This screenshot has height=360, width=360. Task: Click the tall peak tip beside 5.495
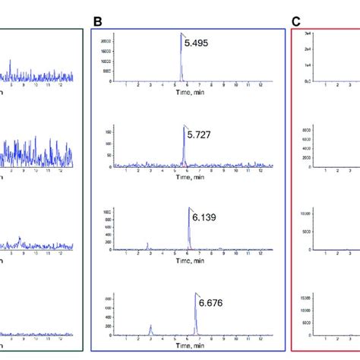click(181, 34)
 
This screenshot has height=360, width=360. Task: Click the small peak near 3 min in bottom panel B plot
click(151, 326)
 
